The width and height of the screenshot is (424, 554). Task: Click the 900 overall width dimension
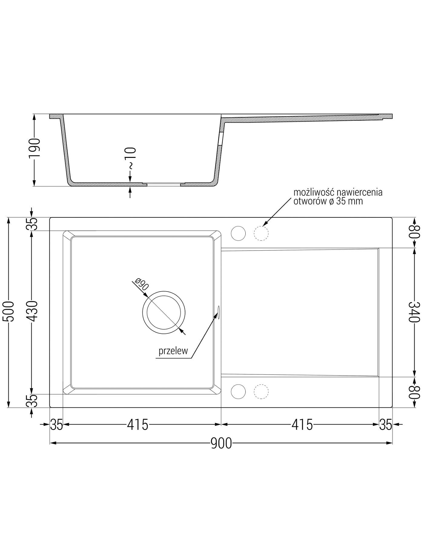(221, 443)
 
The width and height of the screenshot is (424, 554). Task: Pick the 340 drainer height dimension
(415, 312)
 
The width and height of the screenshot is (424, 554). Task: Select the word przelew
(173, 351)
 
